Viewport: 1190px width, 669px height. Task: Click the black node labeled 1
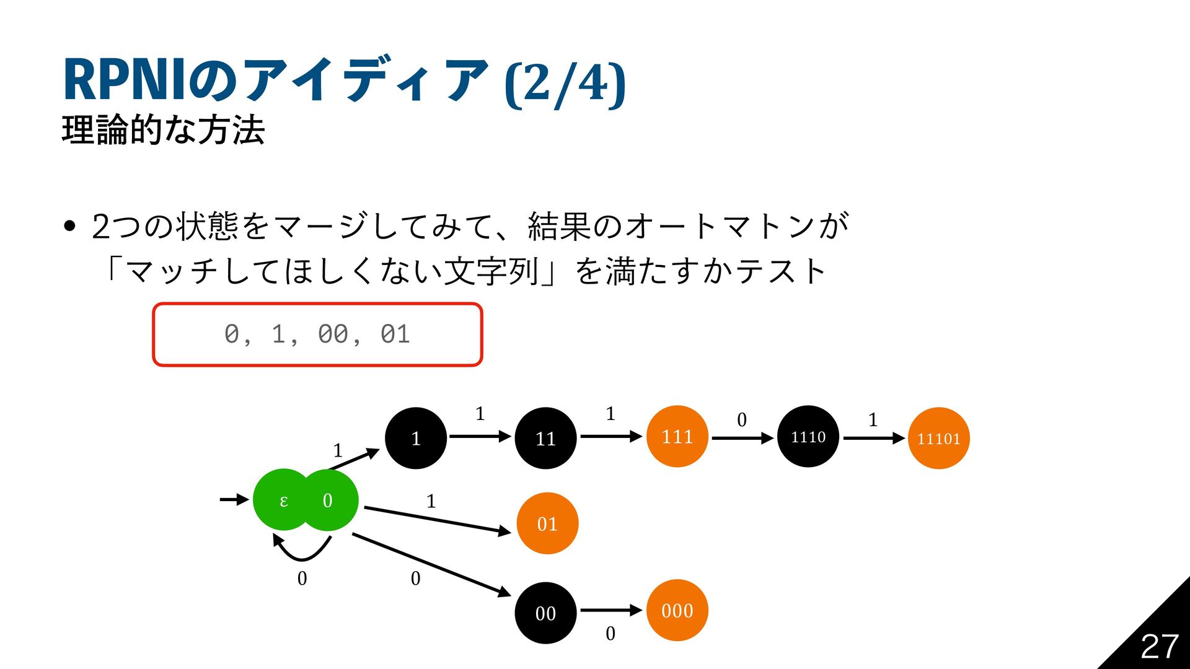coord(416,438)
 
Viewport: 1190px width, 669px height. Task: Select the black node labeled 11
coord(545,438)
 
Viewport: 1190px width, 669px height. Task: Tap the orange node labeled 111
coord(677,436)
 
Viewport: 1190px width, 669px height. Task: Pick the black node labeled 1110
coord(808,436)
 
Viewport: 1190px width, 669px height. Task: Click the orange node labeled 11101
coord(938,438)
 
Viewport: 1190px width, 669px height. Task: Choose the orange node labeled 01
coord(547,523)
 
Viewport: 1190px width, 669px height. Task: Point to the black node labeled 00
coord(545,613)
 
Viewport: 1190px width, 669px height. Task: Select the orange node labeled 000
coord(677,610)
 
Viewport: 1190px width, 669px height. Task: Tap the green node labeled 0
coord(328,500)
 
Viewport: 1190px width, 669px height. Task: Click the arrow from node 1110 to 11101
coord(874,438)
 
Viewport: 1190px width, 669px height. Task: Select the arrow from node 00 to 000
coord(610,611)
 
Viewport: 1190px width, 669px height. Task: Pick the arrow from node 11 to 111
coord(610,437)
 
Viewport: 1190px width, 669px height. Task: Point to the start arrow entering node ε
coord(234,499)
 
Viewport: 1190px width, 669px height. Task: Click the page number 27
coord(1159,647)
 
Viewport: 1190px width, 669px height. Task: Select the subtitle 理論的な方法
coord(164,130)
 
